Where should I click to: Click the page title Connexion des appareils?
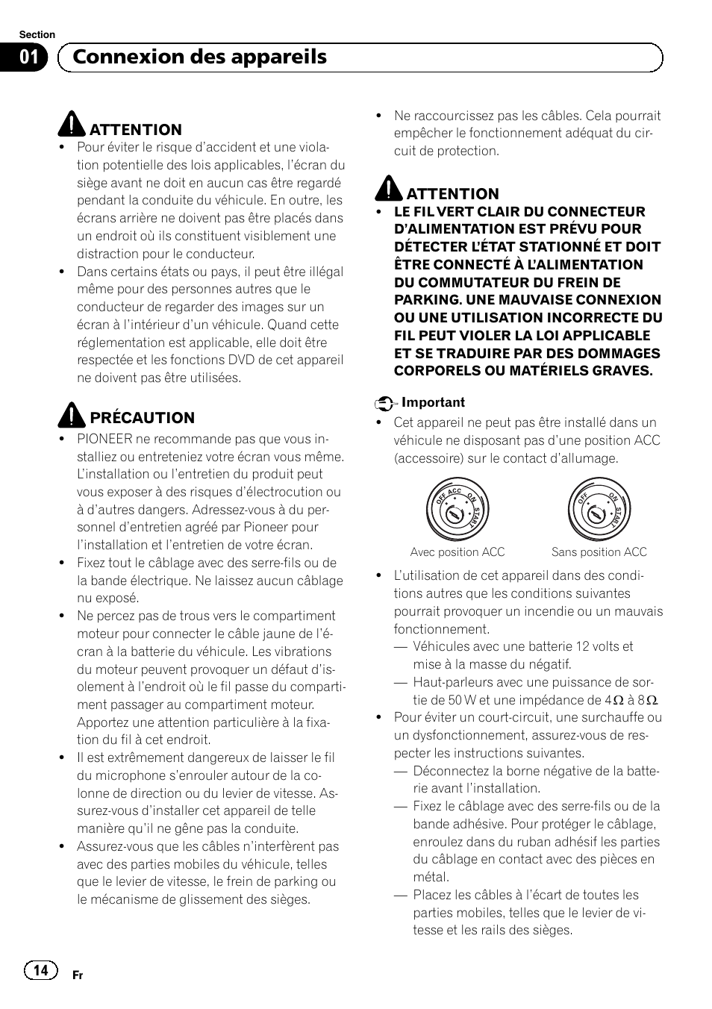tap(199, 57)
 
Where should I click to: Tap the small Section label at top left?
tap(37, 34)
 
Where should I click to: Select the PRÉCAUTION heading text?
tap(142, 418)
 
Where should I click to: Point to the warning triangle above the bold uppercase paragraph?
tap(389, 190)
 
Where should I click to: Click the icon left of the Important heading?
tap(384, 403)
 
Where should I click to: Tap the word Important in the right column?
tap(433, 402)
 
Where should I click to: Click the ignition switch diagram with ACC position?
tap(457, 509)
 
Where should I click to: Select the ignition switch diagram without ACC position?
tap(599, 509)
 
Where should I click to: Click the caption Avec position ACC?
tap(457, 552)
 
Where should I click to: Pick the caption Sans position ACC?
tap(599, 552)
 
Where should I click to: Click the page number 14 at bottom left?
tap(40, 969)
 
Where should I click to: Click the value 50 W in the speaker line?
tap(462, 700)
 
